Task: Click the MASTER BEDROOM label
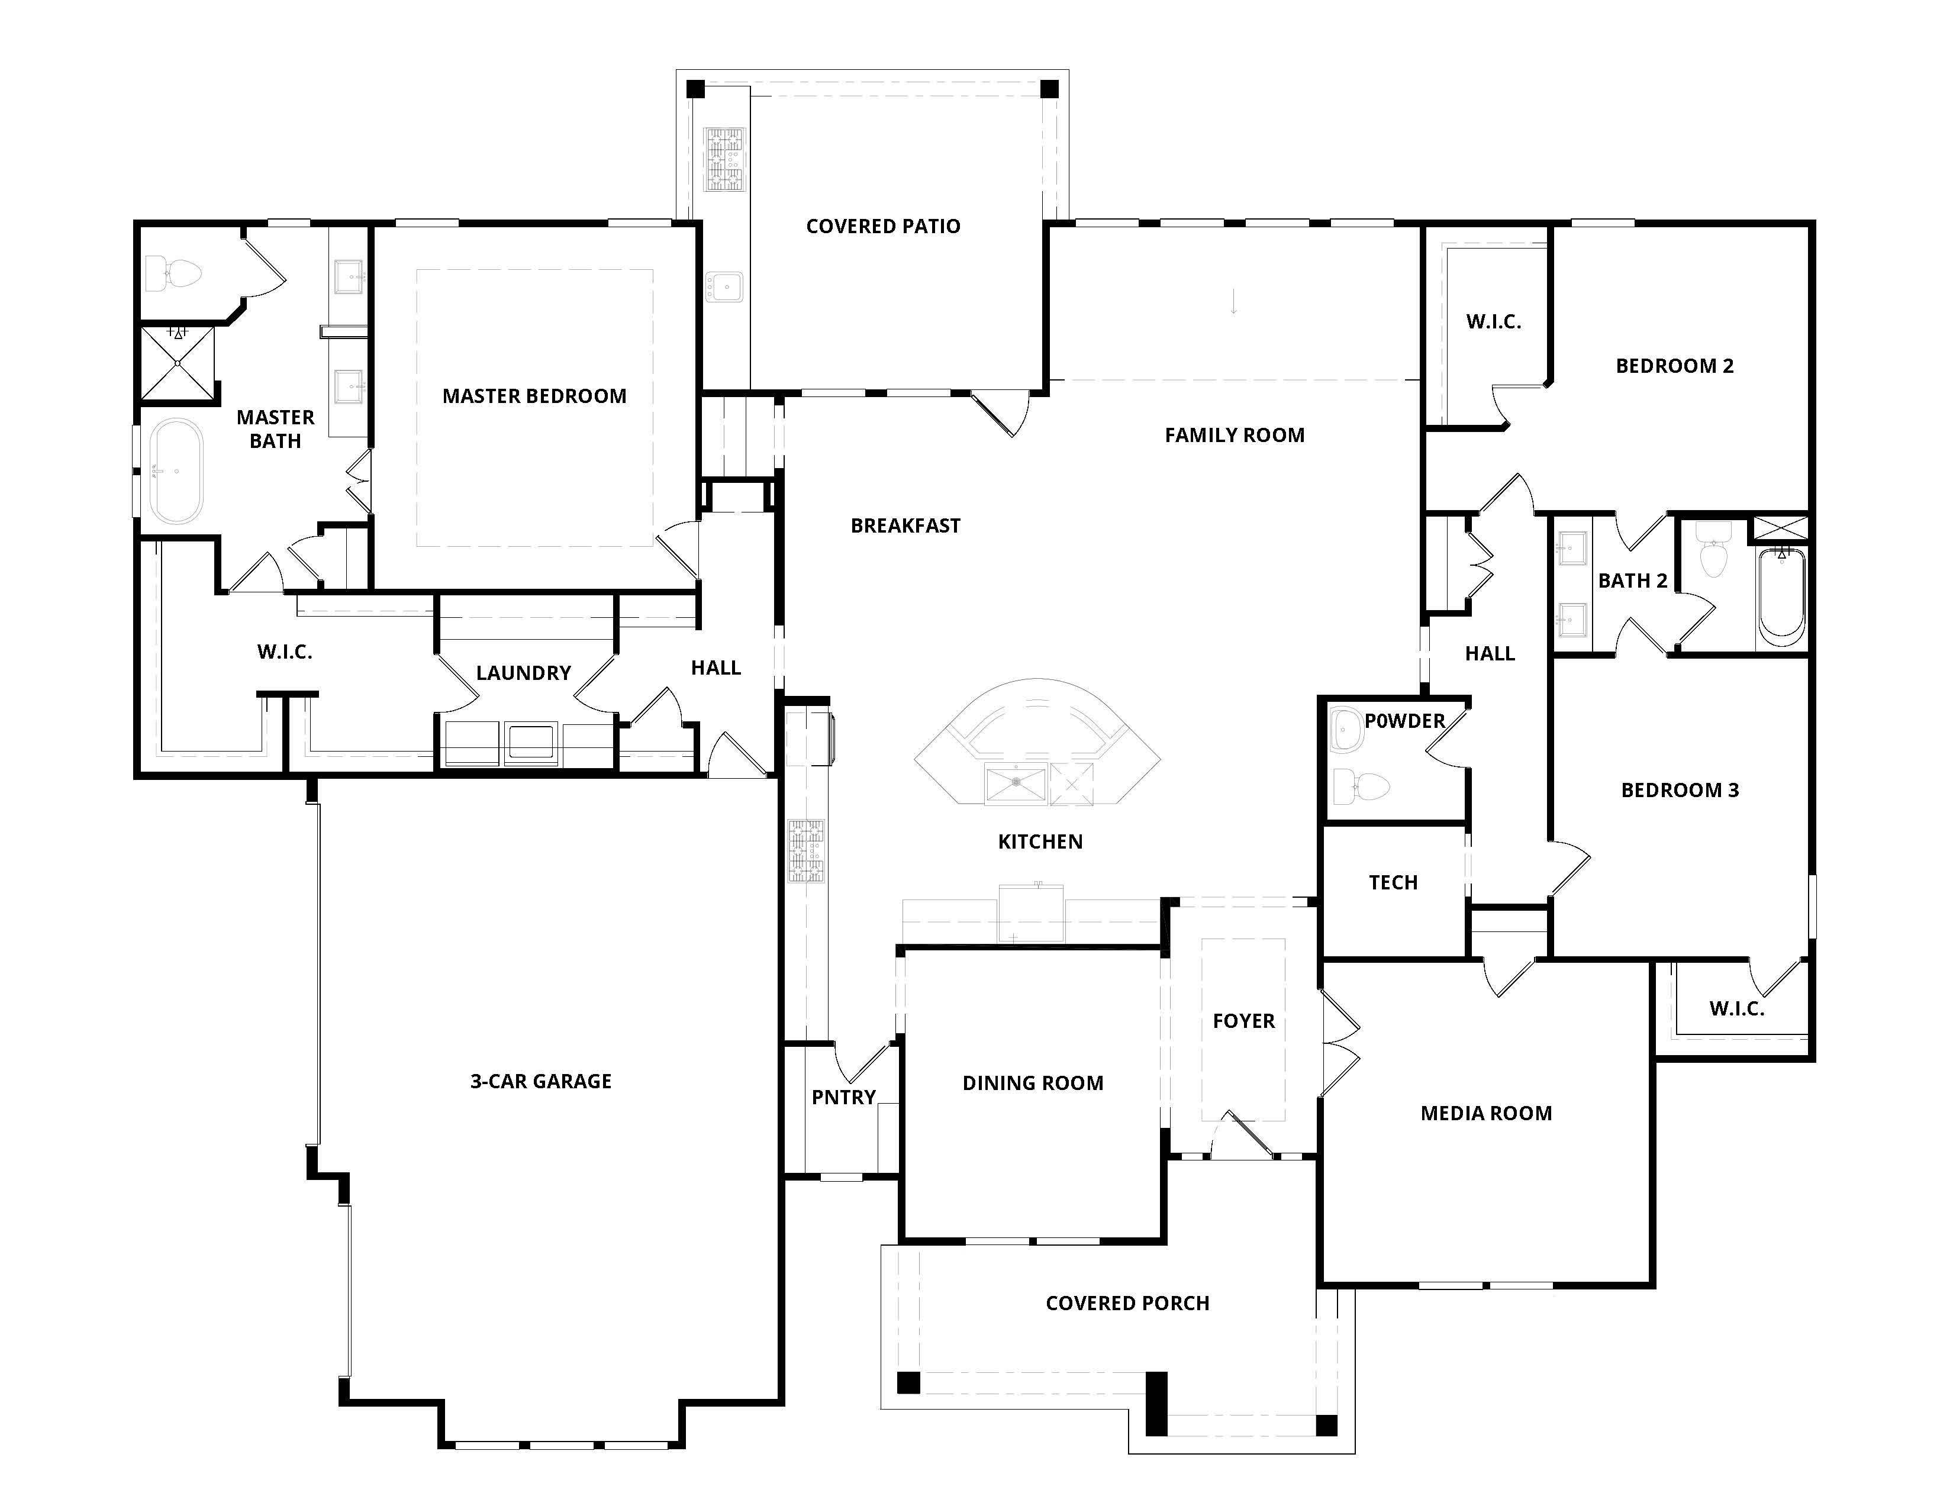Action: tap(534, 396)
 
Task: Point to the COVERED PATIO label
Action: tap(882, 226)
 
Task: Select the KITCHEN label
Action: tap(1040, 841)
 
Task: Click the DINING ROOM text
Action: tap(1032, 1082)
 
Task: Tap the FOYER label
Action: tap(1243, 1020)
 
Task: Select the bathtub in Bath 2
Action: tap(1780, 596)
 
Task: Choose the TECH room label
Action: tap(1393, 882)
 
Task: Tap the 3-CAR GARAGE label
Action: tap(540, 1081)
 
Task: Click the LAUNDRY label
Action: tap(523, 672)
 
